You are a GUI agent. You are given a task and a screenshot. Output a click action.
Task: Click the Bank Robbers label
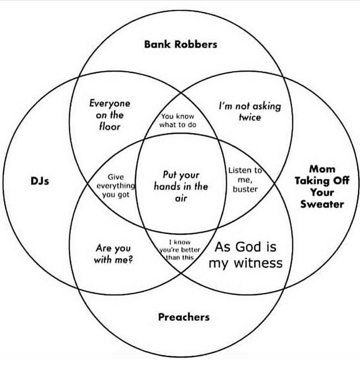pyautogui.click(x=180, y=44)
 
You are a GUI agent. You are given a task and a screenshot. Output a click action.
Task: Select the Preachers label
pyautogui.click(x=184, y=317)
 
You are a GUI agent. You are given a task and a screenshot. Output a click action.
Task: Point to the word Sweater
pyautogui.click(x=322, y=204)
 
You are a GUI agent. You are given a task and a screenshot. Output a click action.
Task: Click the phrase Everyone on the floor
pyautogui.click(x=109, y=115)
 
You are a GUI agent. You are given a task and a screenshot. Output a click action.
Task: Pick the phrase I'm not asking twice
pyautogui.click(x=250, y=111)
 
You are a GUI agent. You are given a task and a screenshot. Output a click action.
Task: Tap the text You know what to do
pyautogui.click(x=178, y=120)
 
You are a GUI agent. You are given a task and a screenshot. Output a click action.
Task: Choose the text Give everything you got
pyautogui.click(x=116, y=186)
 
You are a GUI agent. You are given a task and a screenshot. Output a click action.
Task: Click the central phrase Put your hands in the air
pyautogui.click(x=180, y=186)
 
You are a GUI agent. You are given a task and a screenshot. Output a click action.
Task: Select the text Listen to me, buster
pyautogui.click(x=245, y=179)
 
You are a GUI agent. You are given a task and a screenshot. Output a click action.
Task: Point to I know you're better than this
pyautogui.click(x=180, y=250)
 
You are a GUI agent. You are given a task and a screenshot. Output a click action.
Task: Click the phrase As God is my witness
pyautogui.click(x=245, y=255)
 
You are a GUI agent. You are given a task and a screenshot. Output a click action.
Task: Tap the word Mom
pyautogui.click(x=322, y=169)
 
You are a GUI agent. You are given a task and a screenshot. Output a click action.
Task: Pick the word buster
pyautogui.click(x=245, y=189)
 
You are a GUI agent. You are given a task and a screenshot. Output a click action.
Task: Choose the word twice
pyautogui.click(x=250, y=117)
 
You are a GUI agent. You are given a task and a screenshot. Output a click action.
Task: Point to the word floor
pyautogui.click(x=109, y=127)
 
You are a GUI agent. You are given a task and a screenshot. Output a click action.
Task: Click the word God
pyautogui.click(x=247, y=247)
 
